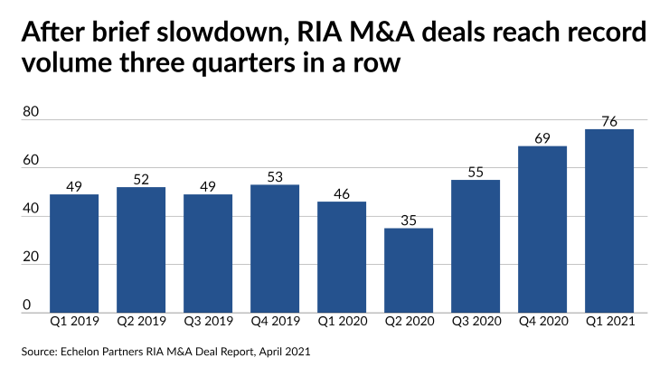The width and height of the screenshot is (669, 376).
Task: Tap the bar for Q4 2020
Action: tap(542, 229)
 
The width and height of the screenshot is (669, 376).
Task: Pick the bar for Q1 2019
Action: tap(74, 253)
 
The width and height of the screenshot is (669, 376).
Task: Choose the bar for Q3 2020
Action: tap(476, 246)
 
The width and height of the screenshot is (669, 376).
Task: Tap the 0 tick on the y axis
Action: tap(27, 305)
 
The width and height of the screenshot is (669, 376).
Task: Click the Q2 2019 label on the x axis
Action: tap(141, 321)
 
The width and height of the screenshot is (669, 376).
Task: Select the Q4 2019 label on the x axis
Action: tap(275, 321)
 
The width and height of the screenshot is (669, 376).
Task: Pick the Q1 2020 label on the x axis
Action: tap(342, 321)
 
